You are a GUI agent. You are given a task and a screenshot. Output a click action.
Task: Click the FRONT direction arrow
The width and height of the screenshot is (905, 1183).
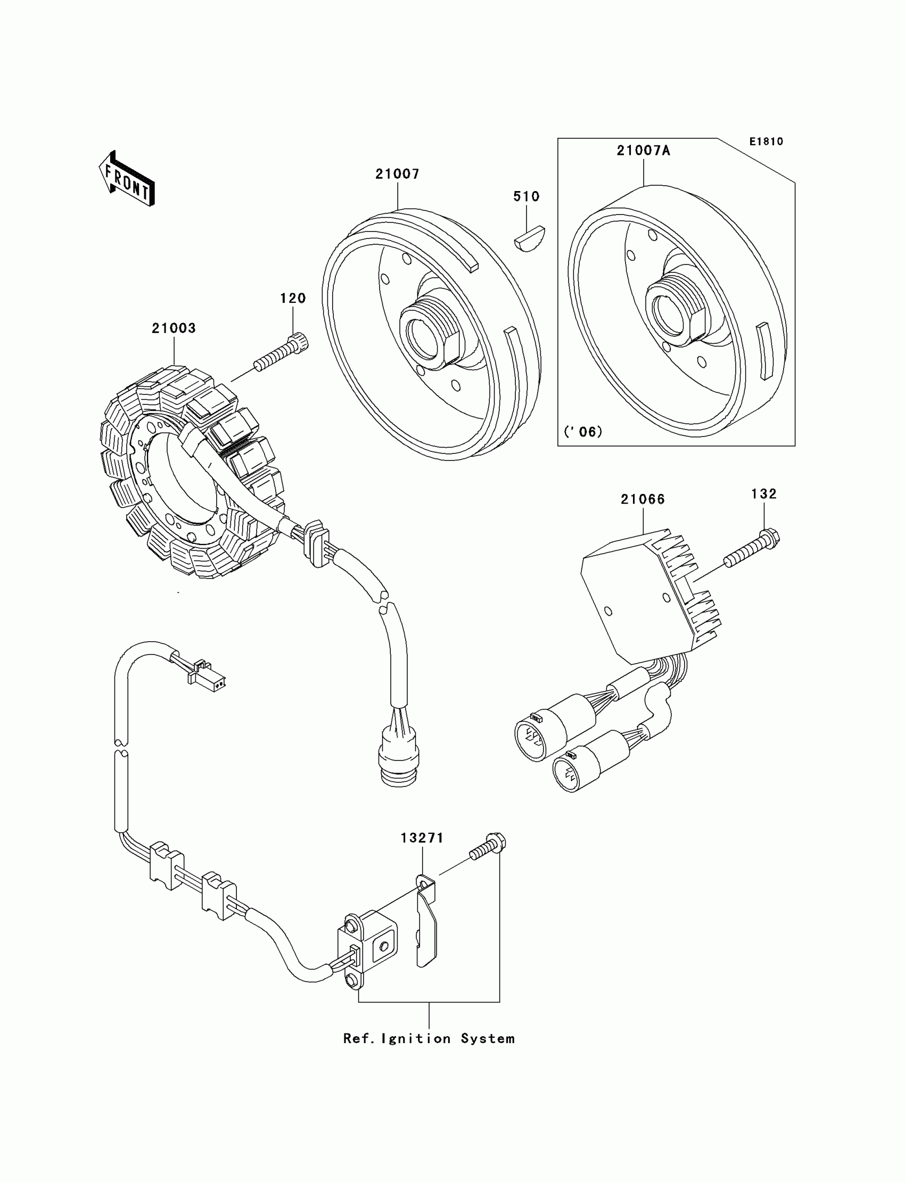pos(127,179)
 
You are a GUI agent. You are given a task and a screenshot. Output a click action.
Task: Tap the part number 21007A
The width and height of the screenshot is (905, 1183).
pos(643,151)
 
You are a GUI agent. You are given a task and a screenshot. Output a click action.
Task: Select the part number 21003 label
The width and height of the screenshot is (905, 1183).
pos(174,328)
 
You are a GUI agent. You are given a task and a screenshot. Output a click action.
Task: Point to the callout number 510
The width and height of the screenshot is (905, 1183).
pos(526,196)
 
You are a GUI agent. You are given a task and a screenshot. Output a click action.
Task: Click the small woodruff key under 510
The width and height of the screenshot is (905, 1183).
pos(529,238)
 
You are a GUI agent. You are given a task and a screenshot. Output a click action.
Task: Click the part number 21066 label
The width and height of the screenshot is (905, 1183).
pos(643,499)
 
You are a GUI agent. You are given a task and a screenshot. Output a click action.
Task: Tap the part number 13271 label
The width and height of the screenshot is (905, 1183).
pos(422,838)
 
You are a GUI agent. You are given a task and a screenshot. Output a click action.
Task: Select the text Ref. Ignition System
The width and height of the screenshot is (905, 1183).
pos(429,1038)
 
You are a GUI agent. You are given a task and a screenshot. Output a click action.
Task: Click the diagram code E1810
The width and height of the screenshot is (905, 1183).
pos(766,142)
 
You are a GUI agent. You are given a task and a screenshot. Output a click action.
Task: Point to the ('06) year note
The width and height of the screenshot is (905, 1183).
pos(583,431)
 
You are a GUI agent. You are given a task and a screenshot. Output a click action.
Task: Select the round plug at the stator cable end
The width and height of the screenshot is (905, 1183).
pos(398,755)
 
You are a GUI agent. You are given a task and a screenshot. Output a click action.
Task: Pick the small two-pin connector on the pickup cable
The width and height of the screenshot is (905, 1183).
pos(207,677)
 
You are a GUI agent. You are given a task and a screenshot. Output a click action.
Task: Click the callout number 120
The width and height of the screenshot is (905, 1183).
pos(292,299)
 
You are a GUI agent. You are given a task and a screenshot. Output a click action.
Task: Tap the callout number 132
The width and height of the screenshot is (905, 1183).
pos(764,494)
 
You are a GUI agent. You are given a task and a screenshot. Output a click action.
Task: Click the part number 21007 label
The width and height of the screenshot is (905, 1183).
pos(397,174)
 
